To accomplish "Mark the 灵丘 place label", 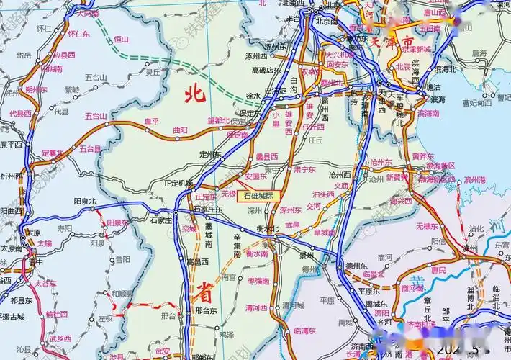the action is [153, 72].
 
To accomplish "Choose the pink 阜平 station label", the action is [152, 122].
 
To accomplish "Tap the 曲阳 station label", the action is [180, 130].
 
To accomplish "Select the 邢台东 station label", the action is [206, 311].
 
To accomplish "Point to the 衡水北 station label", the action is [267, 229].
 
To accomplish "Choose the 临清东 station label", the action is [306, 330].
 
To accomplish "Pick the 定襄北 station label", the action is [53, 153].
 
